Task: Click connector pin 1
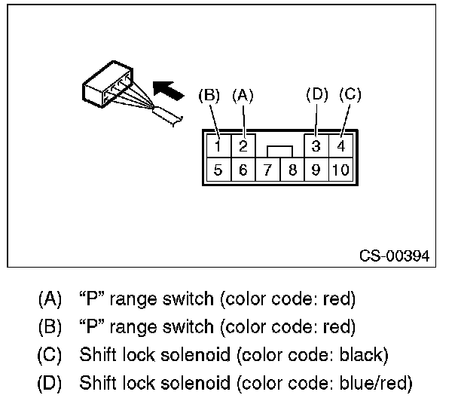click(x=217, y=144)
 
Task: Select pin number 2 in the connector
click(x=243, y=144)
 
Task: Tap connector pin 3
click(x=316, y=144)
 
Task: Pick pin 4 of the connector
click(x=340, y=144)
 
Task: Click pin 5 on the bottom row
click(x=217, y=170)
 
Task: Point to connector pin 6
click(x=243, y=170)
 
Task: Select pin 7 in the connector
click(x=267, y=170)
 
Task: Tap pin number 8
click(x=292, y=170)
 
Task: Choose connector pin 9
click(x=316, y=170)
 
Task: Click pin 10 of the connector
click(x=340, y=170)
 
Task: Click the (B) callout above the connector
click(x=209, y=95)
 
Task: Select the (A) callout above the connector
click(x=243, y=95)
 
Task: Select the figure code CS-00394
click(x=394, y=256)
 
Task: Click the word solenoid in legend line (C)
click(x=179, y=354)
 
